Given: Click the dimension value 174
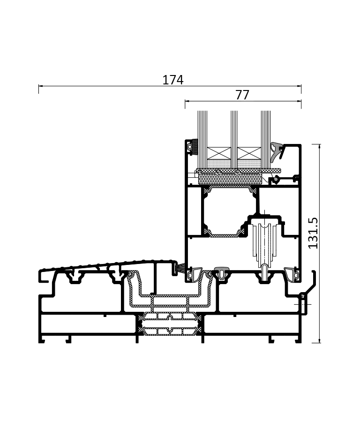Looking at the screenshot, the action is point(173,80).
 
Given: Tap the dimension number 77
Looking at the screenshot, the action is point(242,95).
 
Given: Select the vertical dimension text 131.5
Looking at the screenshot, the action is point(313,234).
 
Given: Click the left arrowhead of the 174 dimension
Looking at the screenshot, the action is point(40,86).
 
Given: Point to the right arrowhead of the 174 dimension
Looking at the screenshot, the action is point(299,86).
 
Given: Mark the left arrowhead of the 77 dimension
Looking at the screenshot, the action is point(187,101).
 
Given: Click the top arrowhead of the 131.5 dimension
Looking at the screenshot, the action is point(319,146).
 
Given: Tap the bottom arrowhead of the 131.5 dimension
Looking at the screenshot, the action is point(319,341).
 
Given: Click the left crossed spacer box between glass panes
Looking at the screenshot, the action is point(219,153).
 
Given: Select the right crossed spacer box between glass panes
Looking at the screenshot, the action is point(249,153).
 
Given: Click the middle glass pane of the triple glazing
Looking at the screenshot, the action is point(234,140).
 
